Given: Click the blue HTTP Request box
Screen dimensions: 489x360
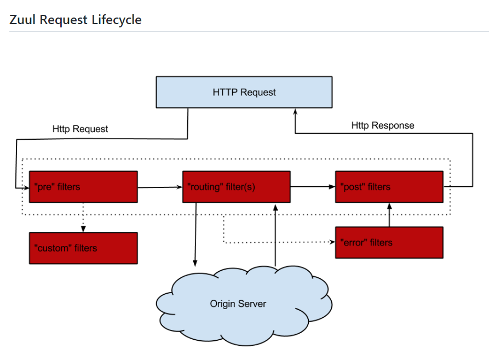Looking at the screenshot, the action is coord(244,92).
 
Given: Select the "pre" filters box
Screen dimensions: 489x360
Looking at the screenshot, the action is coord(83,187).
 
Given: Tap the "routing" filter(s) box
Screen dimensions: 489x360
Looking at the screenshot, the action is coord(237,187).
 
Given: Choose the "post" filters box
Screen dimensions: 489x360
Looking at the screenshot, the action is coord(389,187).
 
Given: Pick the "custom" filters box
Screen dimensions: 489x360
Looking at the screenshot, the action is coord(83,248).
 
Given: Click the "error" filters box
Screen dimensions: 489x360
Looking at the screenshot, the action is coord(389,242).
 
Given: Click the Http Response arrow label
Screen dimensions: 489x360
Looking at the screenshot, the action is coord(383,125).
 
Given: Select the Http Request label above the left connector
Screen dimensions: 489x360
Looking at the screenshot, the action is coord(80,129).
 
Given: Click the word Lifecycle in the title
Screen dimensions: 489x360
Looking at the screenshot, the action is coord(117,20).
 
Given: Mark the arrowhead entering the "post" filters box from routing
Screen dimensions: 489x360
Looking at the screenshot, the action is coord(332,186).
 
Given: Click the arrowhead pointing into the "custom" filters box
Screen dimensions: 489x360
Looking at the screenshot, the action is coord(83,229).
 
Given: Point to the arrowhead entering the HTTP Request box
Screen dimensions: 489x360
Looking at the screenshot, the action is coord(295,111).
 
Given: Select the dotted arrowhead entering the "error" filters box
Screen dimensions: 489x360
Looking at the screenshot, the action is coord(332,242).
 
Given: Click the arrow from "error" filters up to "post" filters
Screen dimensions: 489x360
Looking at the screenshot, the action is coord(389,215).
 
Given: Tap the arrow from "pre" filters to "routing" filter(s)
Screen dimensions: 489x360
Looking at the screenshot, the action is coord(160,187).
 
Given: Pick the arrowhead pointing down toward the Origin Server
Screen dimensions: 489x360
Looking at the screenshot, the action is coord(195,264).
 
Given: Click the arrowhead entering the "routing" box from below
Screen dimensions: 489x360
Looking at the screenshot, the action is coord(275,207).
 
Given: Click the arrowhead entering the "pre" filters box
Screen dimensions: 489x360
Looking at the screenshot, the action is coord(26,188).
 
